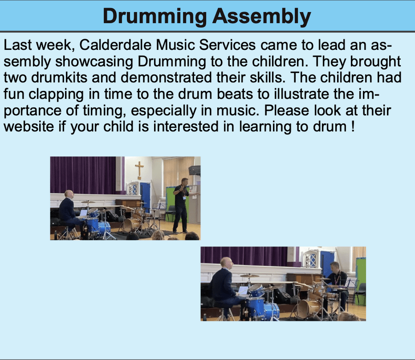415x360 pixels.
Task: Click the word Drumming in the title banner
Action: [x=155, y=17]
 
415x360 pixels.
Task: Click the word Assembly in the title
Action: [x=261, y=17]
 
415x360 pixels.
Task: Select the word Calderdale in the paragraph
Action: [x=115, y=45]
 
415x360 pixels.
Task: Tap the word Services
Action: [x=227, y=45]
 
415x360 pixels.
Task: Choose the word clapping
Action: [x=56, y=95]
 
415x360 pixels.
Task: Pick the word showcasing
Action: [x=94, y=62]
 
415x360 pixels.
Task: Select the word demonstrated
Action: [x=166, y=78]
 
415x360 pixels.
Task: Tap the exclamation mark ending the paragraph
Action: [x=353, y=126]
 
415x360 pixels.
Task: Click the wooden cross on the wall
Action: [x=139, y=171]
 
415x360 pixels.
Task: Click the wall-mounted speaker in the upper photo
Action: [x=195, y=170]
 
